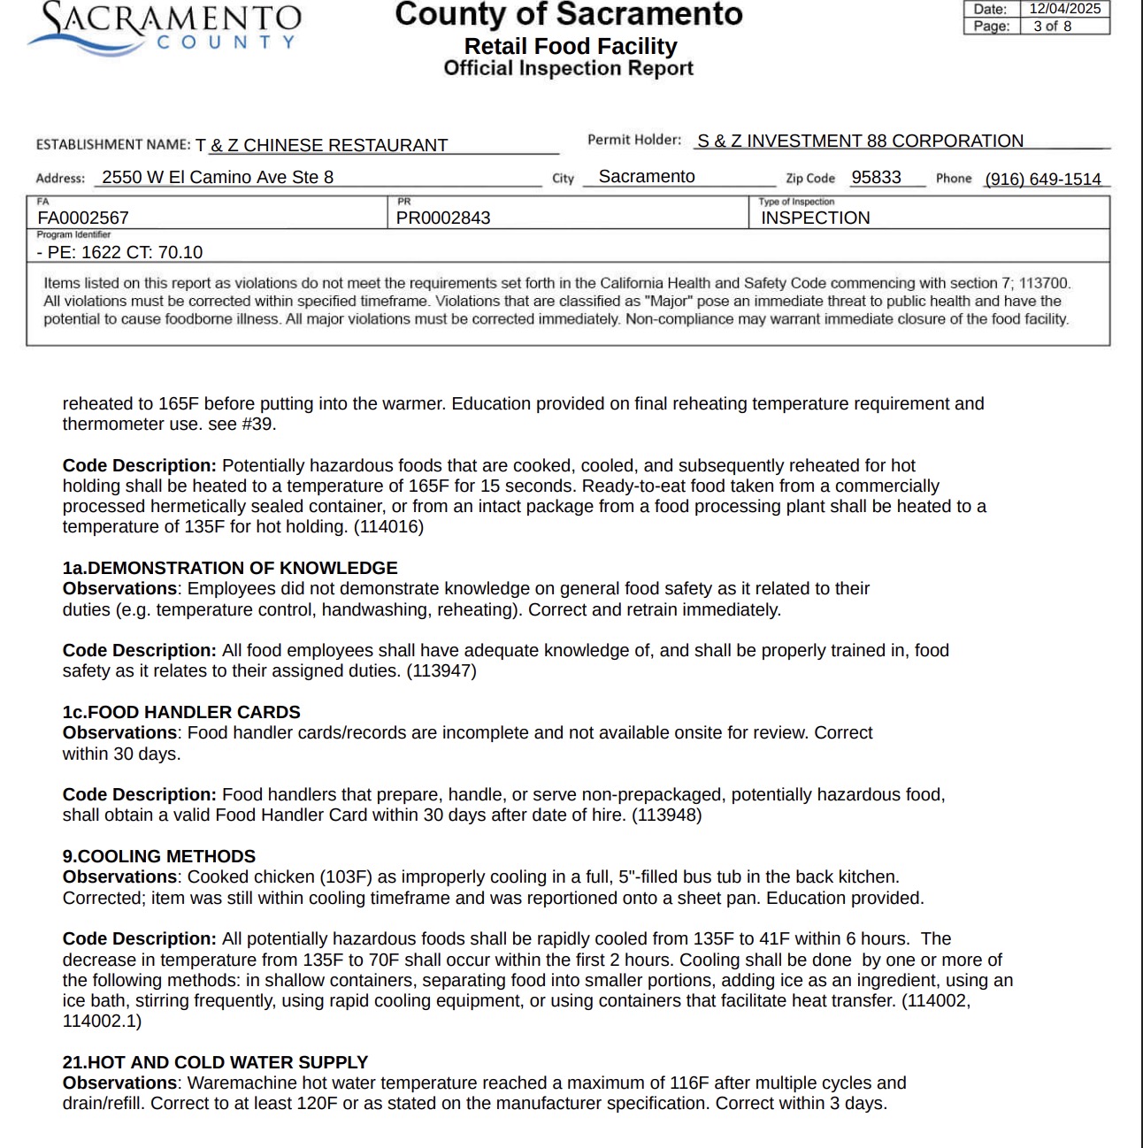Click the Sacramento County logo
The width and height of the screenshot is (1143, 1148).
tap(165, 29)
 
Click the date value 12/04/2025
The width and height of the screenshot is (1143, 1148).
tap(1064, 9)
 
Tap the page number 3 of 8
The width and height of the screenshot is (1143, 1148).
tap(1052, 27)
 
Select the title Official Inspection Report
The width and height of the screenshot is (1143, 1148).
tap(568, 68)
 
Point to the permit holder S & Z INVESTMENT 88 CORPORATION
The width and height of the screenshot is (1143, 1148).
tap(860, 141)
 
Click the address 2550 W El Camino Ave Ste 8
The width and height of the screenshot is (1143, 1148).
tap(218, 177)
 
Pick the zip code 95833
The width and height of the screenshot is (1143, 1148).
tap(876, 177)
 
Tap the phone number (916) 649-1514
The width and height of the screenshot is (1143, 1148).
tap(1043, 179)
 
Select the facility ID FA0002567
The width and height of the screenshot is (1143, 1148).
tap(83, 218)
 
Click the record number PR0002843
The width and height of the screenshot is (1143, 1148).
tap(443, 218)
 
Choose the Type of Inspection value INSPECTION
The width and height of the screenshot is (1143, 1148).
tap(816, 218)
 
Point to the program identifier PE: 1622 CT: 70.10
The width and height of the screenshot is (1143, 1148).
tap(120, 252)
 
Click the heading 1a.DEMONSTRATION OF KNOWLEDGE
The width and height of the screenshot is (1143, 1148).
tap(230, 568)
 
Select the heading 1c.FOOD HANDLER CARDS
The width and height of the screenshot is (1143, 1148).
tap(181, 712)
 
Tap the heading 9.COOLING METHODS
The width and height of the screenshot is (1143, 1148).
tap(159, 856)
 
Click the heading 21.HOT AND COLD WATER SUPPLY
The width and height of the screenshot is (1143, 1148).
tap(215, 1062)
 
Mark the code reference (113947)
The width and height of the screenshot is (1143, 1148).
tap(441, 670)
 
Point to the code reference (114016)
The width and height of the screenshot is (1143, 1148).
tap(388, 526)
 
